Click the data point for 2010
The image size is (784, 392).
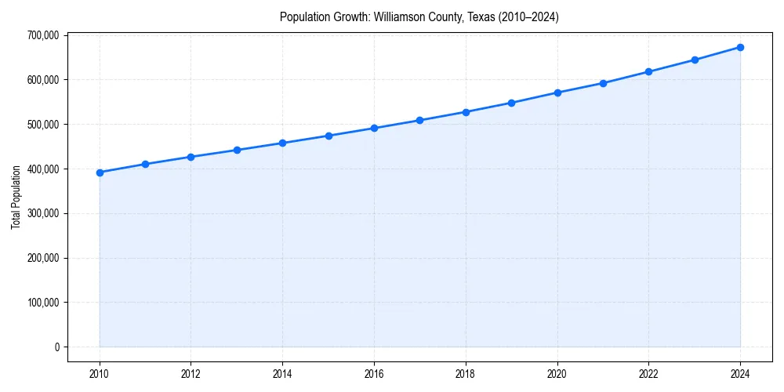tap(100, 172)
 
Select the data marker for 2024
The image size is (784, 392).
tap(740, 47)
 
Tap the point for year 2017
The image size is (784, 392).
tap(420, 120)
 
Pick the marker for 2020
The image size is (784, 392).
tap(557, 93)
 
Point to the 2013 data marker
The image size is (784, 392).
tap(237, 150)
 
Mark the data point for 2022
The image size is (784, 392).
tap(648, 71)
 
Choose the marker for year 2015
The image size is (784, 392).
tap(328, 136)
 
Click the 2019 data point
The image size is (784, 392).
tap(511, 103)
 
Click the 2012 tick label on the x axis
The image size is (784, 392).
tap(191, 373)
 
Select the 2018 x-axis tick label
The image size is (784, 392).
tap(466, 373)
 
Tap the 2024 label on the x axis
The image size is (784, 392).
tap(740, 373)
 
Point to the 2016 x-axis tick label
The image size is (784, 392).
tap(374, 373)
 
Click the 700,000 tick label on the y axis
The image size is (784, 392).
tap(42, 35)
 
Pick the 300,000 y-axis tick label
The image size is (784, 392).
tap(42, 213)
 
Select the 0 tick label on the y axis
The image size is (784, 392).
tap(56, 347)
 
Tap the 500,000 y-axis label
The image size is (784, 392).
tap(42, 125)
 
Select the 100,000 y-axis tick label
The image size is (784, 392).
tap(42, 303)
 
